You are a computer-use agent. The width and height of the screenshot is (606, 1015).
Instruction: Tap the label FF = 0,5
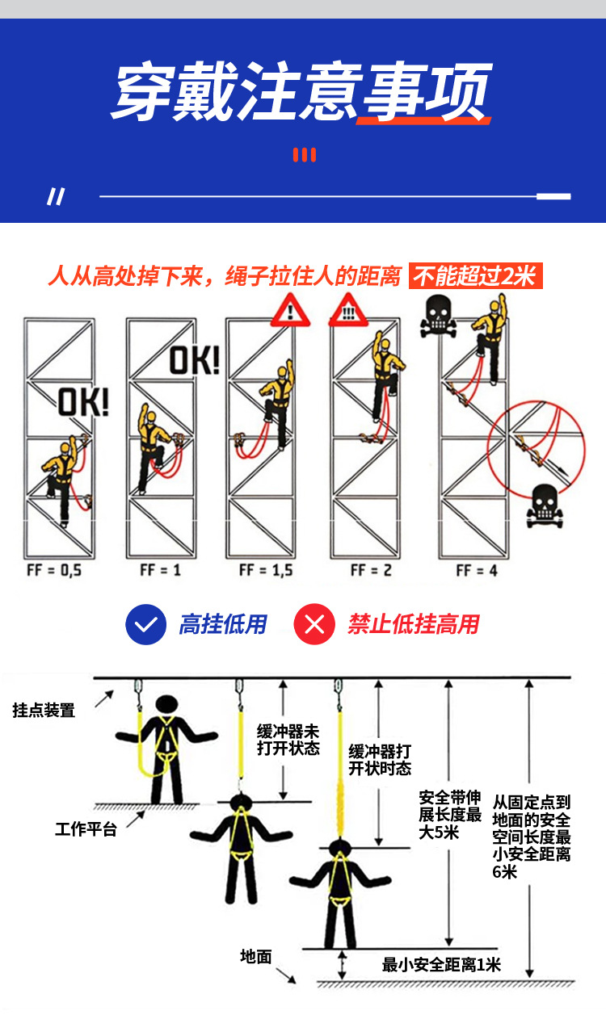pyautogui.click(x=54, y=571)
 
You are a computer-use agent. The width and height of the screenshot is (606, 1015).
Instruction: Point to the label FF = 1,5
pyautogui.click(x=266, y=571)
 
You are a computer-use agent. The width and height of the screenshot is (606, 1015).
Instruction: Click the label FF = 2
pyautogui.click(x=371, y=571)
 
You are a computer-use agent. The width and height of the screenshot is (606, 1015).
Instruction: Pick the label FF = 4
pyautogui.click(x=477, y=571)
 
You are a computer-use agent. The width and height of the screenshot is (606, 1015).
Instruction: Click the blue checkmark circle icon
pyautogui.click(x=145, y=624)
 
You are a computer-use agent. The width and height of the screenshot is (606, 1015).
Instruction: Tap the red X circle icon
pyautogui.click(x=314, y=624)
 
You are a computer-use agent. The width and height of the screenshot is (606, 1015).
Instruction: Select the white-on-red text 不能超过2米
pyautogui.click(x=474, y=277)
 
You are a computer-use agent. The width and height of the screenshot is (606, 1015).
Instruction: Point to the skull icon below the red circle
pyautogui.click(x=544, y=506)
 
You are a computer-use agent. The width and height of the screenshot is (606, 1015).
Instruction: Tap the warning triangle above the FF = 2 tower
pyautogui.click(x=348, y=311)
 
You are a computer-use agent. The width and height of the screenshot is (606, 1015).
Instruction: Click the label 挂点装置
pyautogui.click(x=44, y=711)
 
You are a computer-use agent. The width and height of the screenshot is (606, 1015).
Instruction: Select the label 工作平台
pyautogui.click(x=86, y=828)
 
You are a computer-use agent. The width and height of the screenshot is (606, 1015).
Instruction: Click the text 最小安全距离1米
pyautogui.click(x=441, y=964)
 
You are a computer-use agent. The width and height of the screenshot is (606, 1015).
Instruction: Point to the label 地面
pyautogui.click(x=255, y=957)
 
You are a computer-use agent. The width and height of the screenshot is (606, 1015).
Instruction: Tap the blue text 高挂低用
pyautogui.click(x=222, y=624)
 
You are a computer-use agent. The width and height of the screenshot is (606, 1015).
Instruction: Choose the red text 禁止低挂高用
pyautogui.click(x=413, y=624)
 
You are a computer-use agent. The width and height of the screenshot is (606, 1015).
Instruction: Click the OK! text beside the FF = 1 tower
pyautogui.click(x=194, y=360)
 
